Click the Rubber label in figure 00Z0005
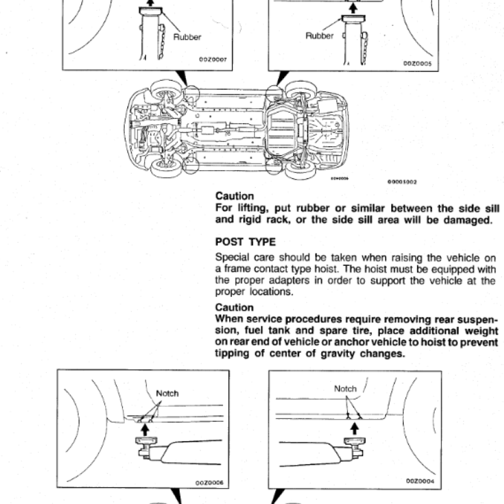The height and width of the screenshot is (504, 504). click(x=319, y=36)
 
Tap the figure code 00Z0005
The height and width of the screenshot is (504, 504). click(x=418, y=64)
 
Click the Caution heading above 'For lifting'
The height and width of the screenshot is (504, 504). click(x=235, y=196)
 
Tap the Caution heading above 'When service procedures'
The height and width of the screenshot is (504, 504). click(x=235, y=307)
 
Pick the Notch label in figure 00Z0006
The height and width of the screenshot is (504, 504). click(x=167, y=393)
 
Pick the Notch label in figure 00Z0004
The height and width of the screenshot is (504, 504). click(x=345, y=389)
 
